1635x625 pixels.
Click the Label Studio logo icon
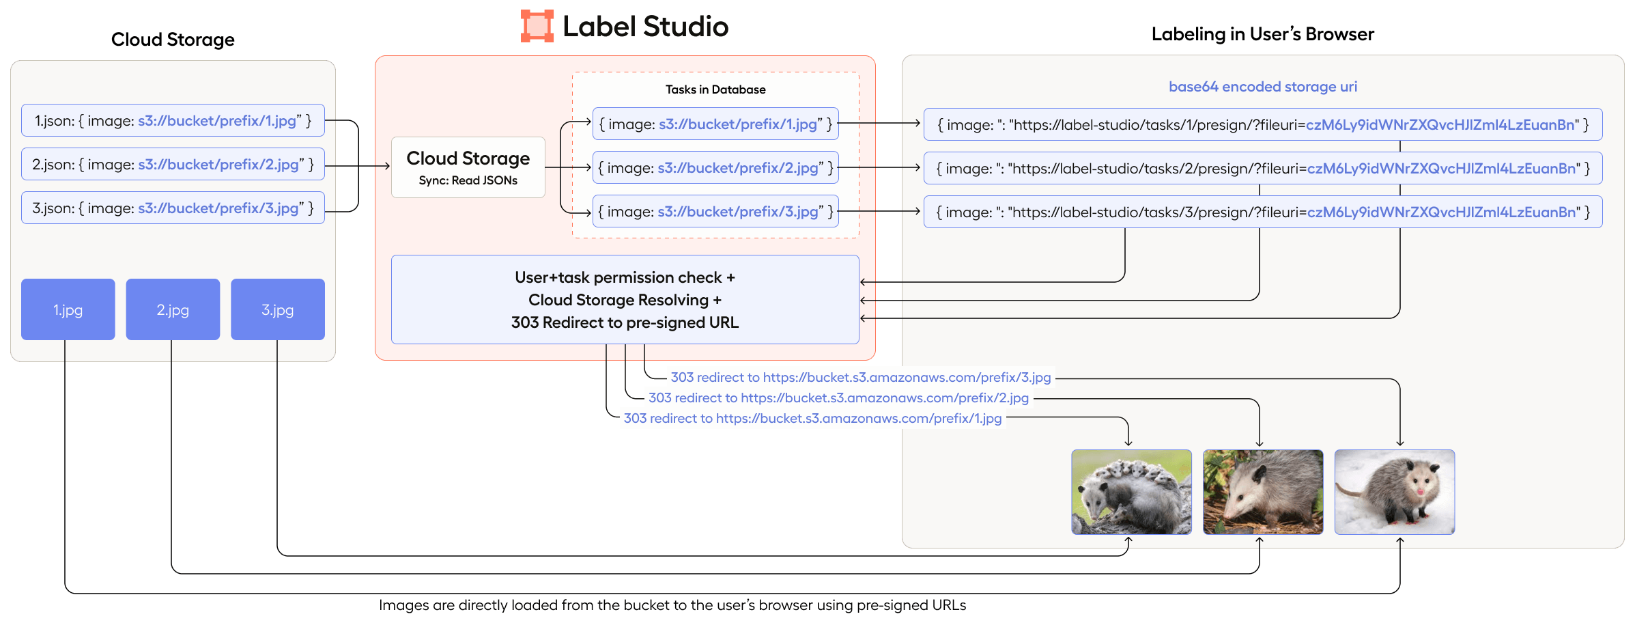point(537,26)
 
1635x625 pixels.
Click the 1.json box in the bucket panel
point(173,121)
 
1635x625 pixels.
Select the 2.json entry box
point(173,165)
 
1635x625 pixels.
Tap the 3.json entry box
point(173,208)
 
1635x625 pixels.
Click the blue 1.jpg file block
point(68,309)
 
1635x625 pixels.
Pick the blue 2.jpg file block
point(173,309)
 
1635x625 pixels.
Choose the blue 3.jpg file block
point(277,309)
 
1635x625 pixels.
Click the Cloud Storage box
point(468,167)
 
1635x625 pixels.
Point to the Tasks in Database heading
point(715,89)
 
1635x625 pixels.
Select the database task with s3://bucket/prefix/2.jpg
point(715,168)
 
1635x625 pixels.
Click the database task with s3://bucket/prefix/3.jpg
point(715,212)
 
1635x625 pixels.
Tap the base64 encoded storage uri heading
point(1262,87)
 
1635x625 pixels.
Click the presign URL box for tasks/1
point(1262,125)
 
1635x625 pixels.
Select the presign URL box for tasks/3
point(1262,212)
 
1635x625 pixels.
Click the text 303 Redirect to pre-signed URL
point(625,322)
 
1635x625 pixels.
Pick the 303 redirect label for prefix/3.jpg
point(860,377)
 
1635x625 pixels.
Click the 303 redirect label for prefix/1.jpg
point(812,418)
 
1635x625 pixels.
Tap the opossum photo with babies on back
point(1131,492)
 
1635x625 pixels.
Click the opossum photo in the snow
point(1394,492)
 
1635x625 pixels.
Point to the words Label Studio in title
point(645,27)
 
